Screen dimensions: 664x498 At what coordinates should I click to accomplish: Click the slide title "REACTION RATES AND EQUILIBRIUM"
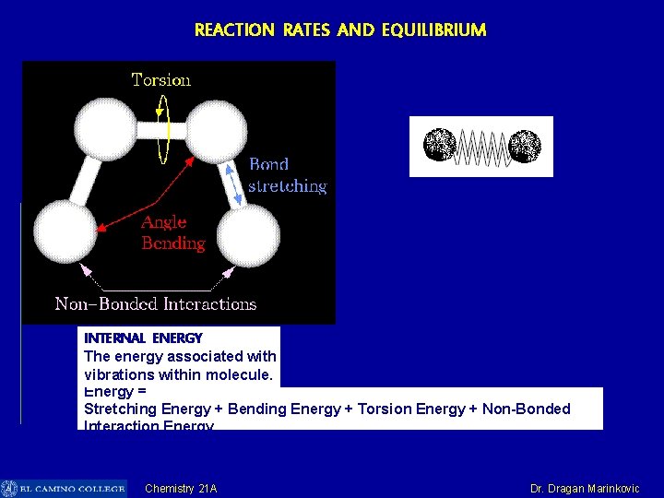point(339,30)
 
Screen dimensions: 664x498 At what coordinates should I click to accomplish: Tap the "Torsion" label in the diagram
point(161,80)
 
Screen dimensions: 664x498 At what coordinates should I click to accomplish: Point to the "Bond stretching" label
point(288,175)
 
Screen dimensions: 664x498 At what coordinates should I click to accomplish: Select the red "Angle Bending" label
point(173,232)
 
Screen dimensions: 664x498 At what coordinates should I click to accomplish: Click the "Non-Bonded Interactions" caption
point(156,303)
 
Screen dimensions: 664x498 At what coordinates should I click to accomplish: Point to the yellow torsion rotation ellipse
point(162,129)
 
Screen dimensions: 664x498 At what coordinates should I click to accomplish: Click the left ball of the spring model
point(440,146)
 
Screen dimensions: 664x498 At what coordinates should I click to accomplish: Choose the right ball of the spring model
point(525,146)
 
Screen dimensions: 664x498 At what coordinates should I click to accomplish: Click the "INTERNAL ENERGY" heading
point(143,338)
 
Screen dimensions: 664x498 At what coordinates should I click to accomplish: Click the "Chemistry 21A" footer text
point(181,489)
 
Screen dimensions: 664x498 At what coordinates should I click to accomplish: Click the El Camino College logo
point(63,489)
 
